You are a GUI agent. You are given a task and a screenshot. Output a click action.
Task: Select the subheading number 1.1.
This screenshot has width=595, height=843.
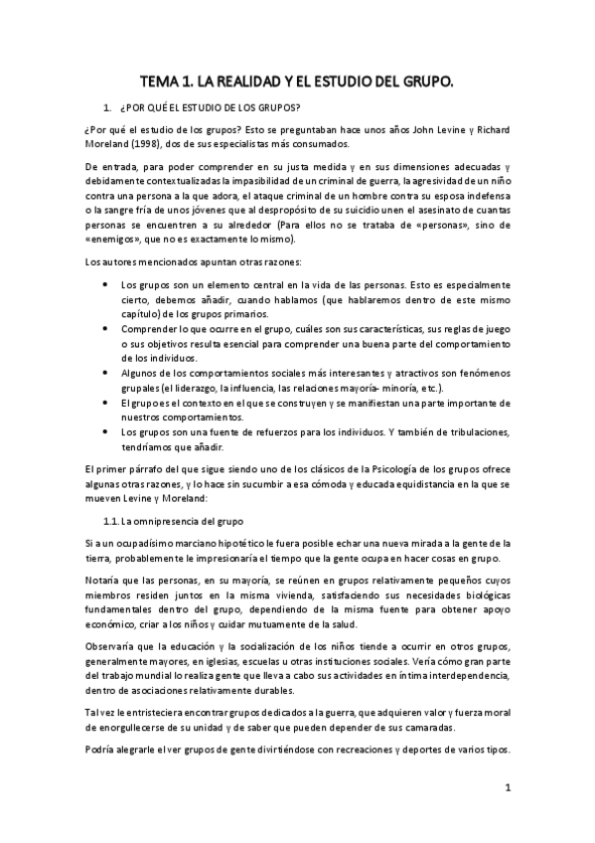pyautogui.click(x=112, y=521)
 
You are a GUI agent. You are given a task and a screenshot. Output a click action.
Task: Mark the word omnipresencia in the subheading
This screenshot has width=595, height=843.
pyautogui.click(x=175, y=521)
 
